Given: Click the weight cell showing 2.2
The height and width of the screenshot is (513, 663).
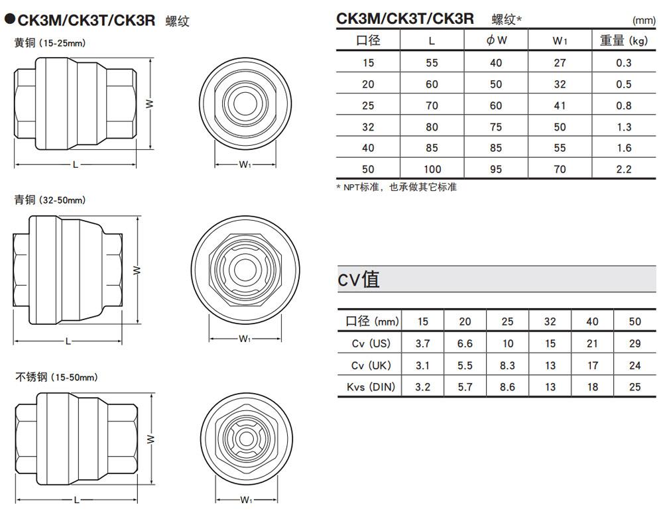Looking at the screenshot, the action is [x=624, y=169].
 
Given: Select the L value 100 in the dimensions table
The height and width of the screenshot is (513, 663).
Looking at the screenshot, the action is [x=432, y=169].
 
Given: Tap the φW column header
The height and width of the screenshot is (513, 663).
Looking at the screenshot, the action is [x=497, y=40].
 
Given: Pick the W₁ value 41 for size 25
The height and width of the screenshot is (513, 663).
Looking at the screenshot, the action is [x=560, y=105].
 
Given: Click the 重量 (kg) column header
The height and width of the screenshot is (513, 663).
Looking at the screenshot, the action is [x=624, y=40].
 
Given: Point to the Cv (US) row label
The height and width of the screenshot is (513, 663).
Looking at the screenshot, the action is [x=371, y=343].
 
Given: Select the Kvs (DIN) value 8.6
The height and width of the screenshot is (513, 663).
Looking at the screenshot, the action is [x=507, y=386].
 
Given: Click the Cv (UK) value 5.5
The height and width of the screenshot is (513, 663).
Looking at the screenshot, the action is [x=465, y=365].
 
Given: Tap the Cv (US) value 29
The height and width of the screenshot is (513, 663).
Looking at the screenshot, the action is [x=634, y=343].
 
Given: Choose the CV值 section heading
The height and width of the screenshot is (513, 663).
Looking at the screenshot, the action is [x=359, y=279].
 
